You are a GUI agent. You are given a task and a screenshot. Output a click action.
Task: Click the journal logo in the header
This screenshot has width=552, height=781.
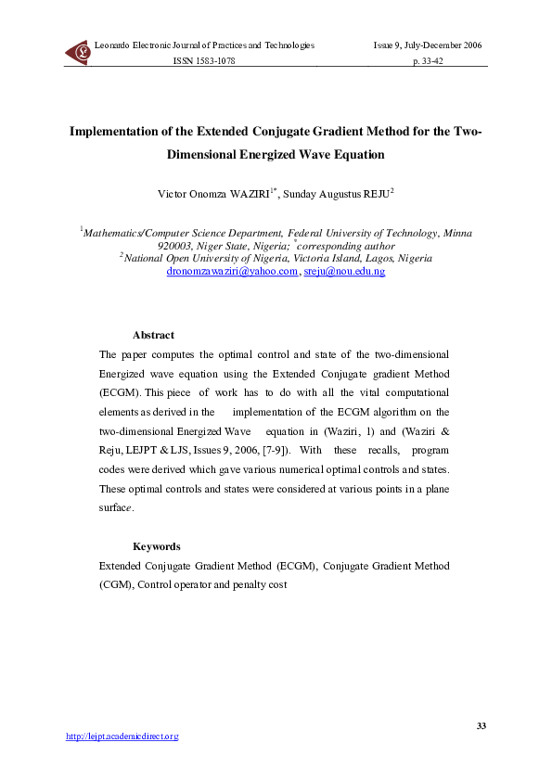click(x=77, y=53)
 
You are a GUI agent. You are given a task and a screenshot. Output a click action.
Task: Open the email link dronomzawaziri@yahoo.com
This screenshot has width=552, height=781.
click(x=232, y=271)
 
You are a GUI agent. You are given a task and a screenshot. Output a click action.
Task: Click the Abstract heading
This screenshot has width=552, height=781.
click(x=153, y=335)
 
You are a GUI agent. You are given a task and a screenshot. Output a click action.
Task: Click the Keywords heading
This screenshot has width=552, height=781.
click(x=156, y=546)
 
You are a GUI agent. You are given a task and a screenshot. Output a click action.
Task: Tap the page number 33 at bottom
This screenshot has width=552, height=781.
click(x=481, y=724)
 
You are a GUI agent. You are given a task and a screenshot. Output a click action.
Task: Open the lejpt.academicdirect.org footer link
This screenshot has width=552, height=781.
click(x=122, y=736)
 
